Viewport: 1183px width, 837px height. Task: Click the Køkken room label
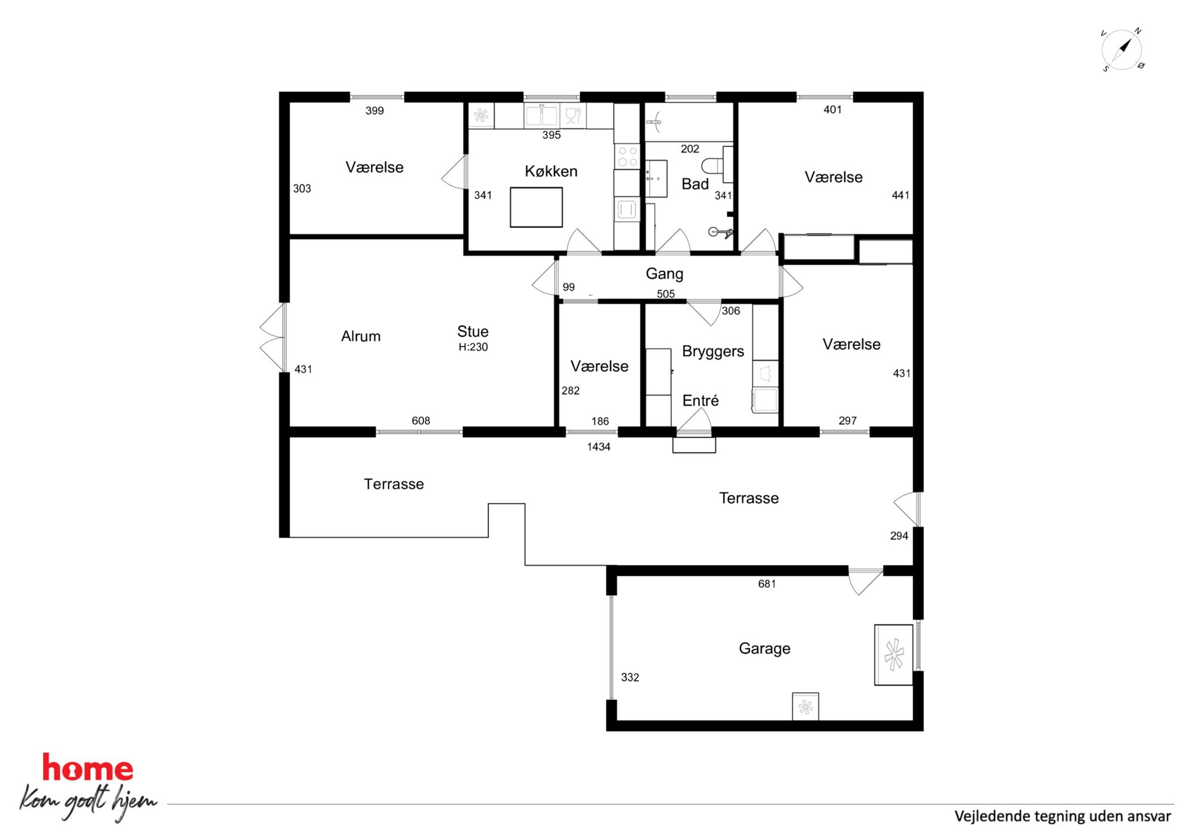(x=551, y=171)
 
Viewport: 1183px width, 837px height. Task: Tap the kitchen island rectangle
(x=536, y=207)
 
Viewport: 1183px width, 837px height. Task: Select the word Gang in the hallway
(x=664, y=274)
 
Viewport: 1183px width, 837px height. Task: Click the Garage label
(x=764, y=648)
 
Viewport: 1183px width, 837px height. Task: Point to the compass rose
(x=1122, y=50)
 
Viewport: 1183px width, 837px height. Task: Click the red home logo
(x=88, y=768)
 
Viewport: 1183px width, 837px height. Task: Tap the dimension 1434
(x=599, y=447)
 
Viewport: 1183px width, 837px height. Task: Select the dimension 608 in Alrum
(x=421, y=421)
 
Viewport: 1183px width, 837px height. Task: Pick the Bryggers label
(x=713, y=351)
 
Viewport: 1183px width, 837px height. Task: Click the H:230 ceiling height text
(x=473, y=347)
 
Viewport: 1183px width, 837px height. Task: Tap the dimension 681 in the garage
(x=767, y=584)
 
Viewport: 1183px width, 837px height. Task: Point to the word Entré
(x=701, y=400)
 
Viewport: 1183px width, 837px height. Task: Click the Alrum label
(x=361, y=336)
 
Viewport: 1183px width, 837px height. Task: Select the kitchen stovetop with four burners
(x=627, y=156)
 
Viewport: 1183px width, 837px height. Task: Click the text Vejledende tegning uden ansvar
(x=1063, y=816)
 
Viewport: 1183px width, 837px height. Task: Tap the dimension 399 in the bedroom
(x=374, y=110)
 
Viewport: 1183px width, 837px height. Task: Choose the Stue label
(x=473, y=332)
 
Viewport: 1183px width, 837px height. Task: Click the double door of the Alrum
(x=273, y=338)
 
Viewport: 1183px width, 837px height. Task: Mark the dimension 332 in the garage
(x=630, y=678)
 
